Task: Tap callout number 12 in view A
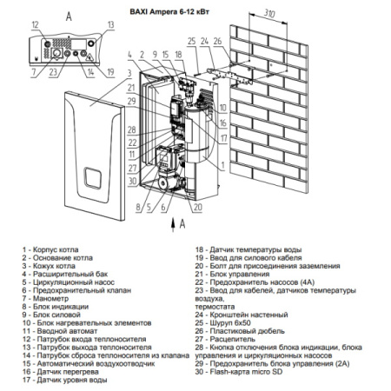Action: [34, 27]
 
